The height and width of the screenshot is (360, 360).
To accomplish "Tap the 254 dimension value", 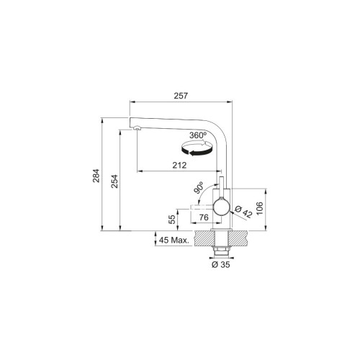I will click(114, 184).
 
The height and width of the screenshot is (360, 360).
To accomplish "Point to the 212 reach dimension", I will click(180, 165).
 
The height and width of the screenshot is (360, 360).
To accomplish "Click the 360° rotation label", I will click(198, 135).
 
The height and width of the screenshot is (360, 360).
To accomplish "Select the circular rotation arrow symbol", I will click(197, 148).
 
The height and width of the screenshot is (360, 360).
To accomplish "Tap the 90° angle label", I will click(199, 188).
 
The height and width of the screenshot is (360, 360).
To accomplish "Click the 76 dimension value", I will click(204, 218).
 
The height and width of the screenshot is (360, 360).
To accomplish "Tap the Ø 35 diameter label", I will click(222, 264).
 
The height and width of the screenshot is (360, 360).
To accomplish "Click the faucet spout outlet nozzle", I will click(134, 127).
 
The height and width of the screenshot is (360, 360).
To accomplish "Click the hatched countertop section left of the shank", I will click(204, 238).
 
